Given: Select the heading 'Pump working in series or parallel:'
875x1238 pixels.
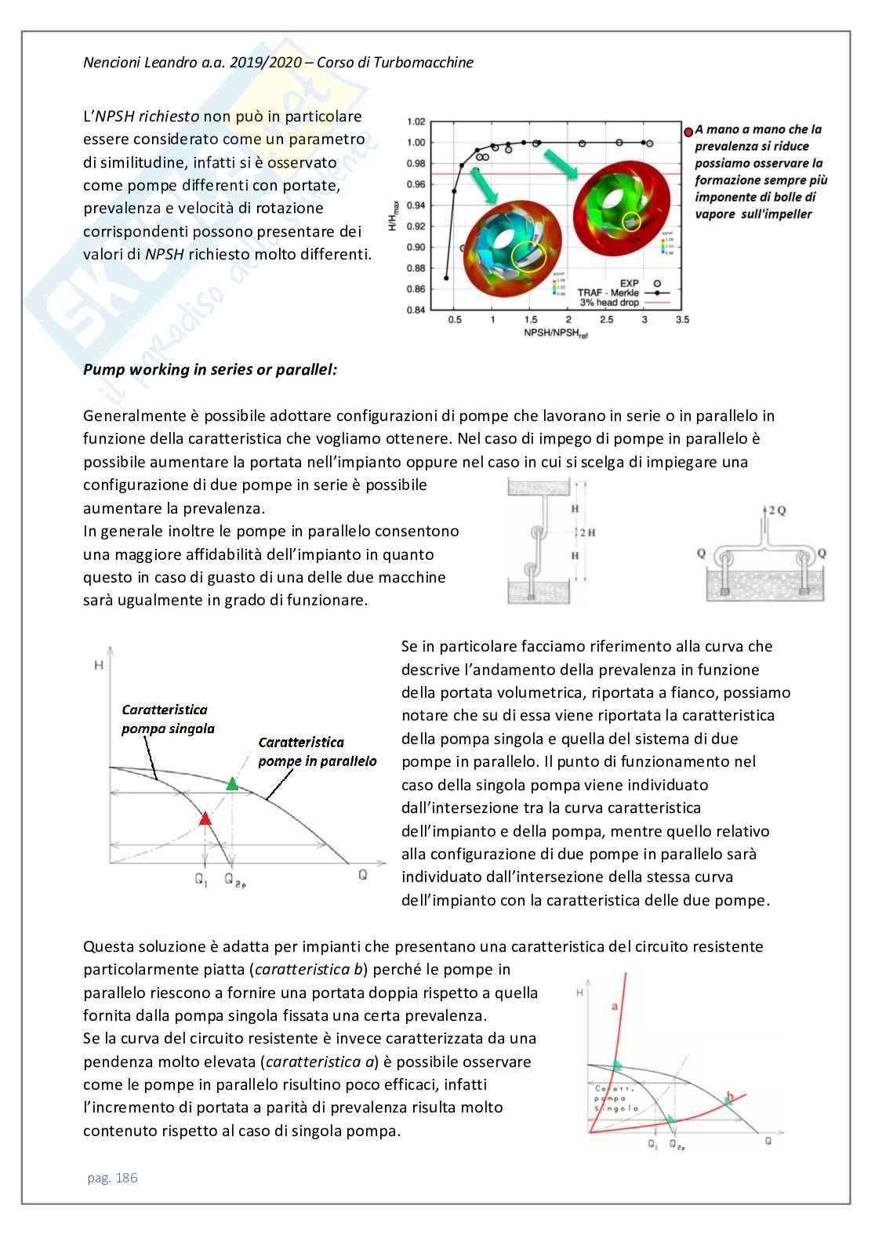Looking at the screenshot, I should coord(210,369).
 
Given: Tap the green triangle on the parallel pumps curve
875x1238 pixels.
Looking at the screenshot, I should coord(231,783).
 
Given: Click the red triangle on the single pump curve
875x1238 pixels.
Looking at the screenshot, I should coord(205,819).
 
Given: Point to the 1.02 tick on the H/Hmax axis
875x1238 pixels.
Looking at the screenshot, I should coord(416,122).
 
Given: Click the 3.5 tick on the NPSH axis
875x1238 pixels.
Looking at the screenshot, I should coord(682,320).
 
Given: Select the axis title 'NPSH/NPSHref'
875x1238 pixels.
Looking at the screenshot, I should coord(556,333).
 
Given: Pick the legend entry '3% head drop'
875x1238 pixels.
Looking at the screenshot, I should coord(609,303).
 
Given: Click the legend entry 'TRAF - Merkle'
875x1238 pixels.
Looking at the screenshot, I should coord(608,292).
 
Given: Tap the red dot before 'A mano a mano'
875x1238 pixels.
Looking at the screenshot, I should coord(688,131).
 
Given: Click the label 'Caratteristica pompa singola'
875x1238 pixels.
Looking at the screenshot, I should coord(166,719).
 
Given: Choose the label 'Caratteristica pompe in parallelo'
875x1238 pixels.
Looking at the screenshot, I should coord(317,751).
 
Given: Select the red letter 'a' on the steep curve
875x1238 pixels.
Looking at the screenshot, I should coord(614,1005).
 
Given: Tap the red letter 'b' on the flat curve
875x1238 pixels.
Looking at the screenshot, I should coord(730,1096).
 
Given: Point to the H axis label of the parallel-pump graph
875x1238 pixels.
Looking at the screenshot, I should coord(99,666).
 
